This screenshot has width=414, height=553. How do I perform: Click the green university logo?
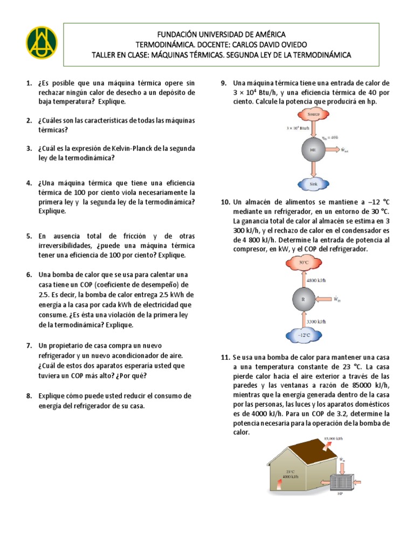click(x=40, y=42)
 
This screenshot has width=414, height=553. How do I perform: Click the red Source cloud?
click(x=313, y=114)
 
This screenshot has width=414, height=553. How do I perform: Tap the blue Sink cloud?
click(x=313, y=184)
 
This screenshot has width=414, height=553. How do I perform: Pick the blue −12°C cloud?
click(x=304, y=335)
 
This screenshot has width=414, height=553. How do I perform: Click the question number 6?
click(x=29, y=275)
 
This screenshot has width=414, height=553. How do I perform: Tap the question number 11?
click(x=225, y=358)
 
